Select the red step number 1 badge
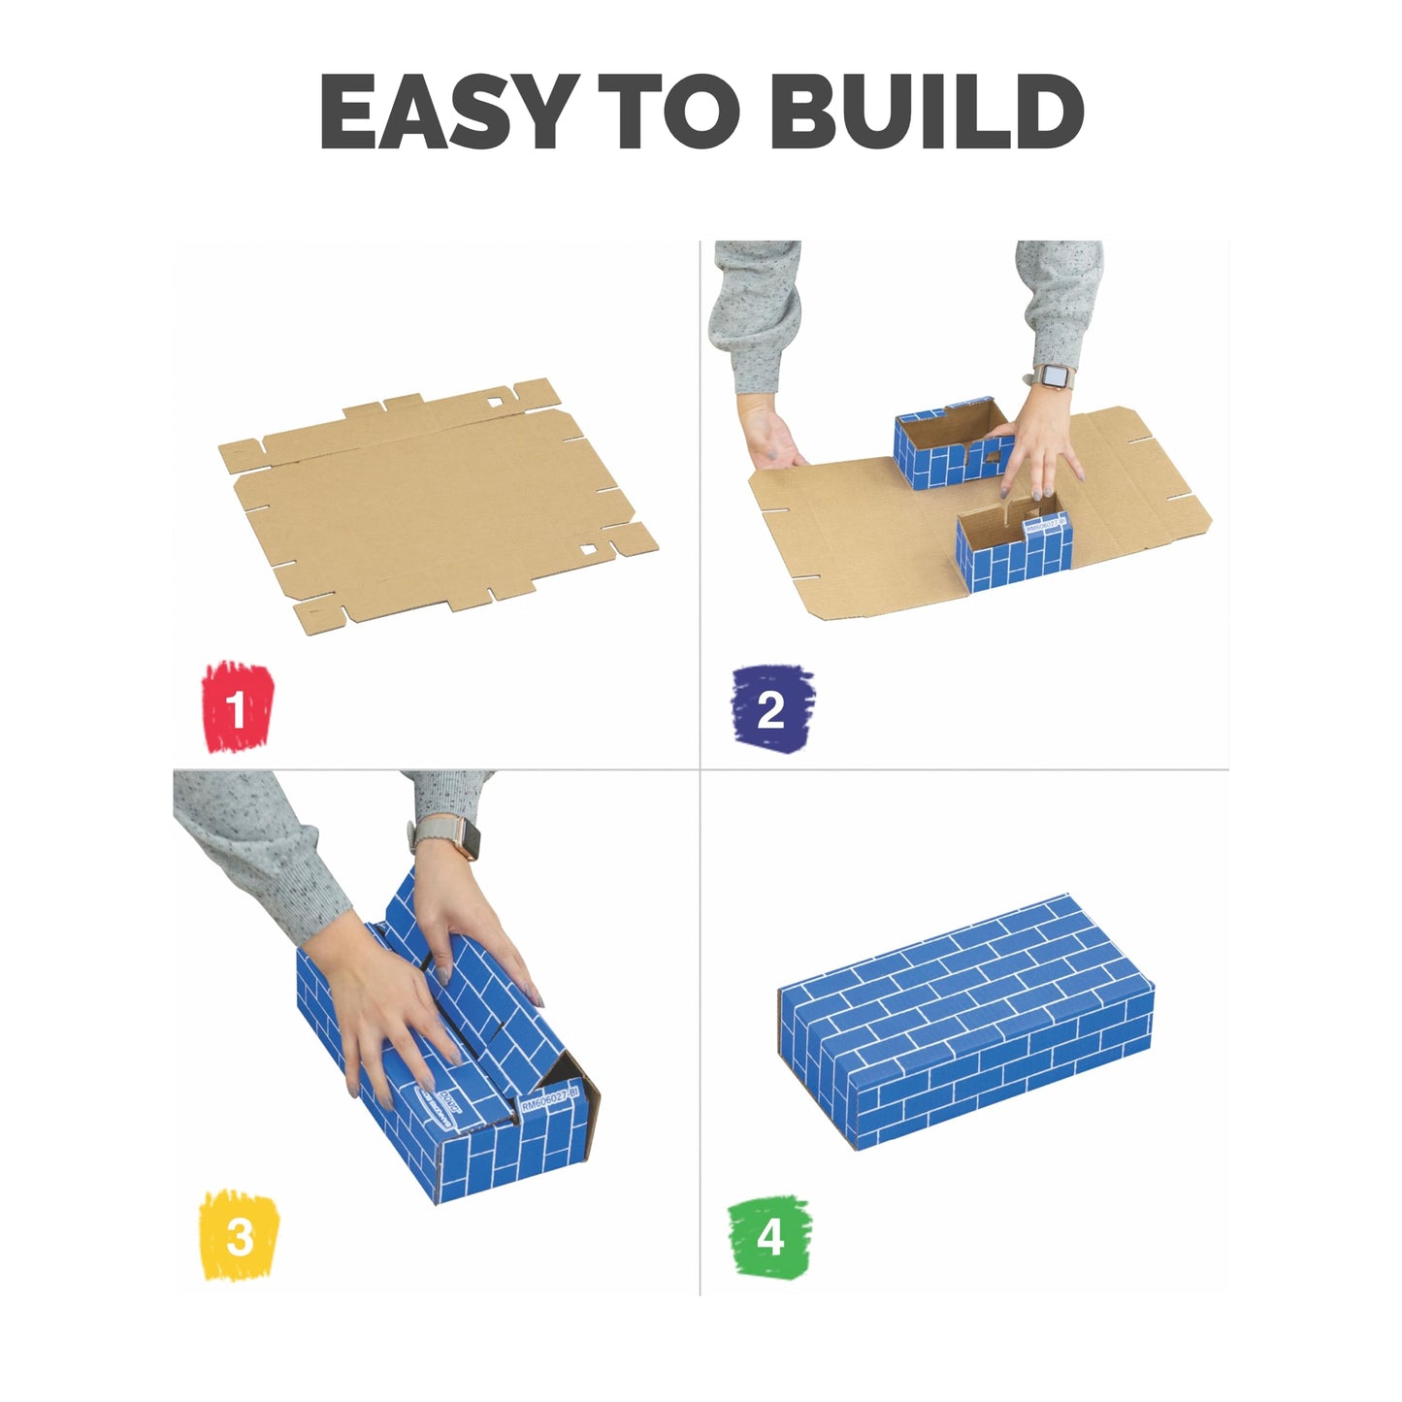point(237,707)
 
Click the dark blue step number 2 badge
point(771,708)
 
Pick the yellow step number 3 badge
point(239,1235)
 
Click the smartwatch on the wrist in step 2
point(1052,376)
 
